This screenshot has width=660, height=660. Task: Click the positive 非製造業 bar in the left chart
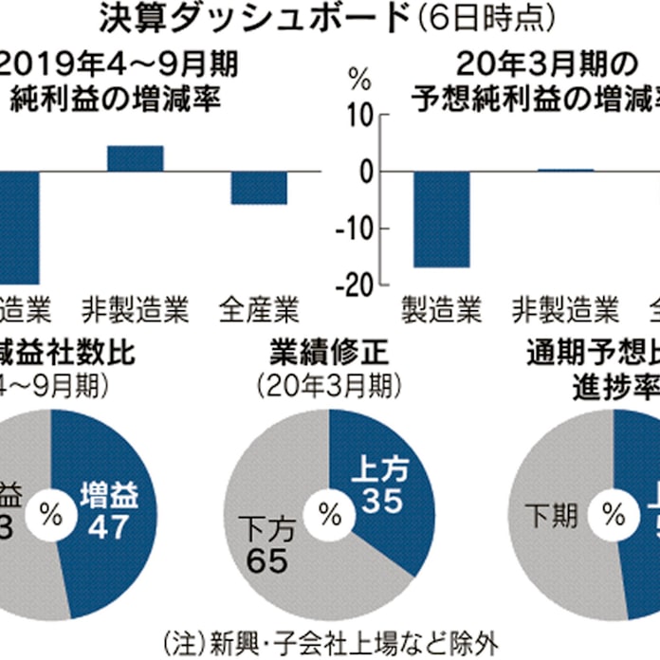[x=135, y=158]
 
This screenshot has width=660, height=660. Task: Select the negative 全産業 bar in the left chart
[x=259, y=188]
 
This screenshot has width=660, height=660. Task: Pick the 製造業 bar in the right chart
[x=442, y=219]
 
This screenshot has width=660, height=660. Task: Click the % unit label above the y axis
[x=358, y=76]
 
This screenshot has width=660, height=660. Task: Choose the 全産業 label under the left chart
[x=259, y=309]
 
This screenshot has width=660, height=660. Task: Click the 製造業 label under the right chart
[x=442, y=309]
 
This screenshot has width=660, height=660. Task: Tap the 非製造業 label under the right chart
[x=565, y=309]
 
